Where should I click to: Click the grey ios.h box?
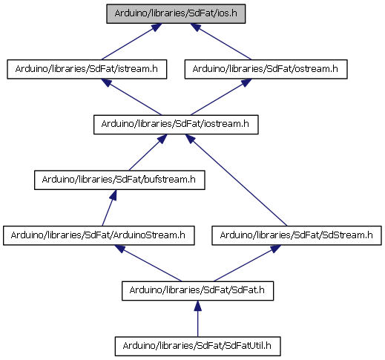click(x=176, y=13)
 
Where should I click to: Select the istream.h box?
click(x=87, y=69)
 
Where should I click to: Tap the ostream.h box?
click(x=266, y=69)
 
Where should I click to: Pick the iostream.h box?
click(x=176, y=125)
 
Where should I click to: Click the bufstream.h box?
click(x=119, y=180)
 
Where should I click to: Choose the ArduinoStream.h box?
click(x=99, y=235)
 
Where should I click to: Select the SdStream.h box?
click(x=297, y=235)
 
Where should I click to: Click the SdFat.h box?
click(x=197, y=291)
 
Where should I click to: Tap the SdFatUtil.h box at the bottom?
click(x=197, y=346)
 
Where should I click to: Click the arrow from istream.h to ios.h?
click(x=131, y=42)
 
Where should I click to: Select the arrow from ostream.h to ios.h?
click(x=220, y=42)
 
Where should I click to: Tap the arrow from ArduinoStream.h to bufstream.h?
click(x=109, y=208)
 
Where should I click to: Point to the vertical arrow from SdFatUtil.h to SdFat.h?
click(x=197, y=318)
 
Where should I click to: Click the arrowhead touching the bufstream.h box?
click(x=113, y=195)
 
